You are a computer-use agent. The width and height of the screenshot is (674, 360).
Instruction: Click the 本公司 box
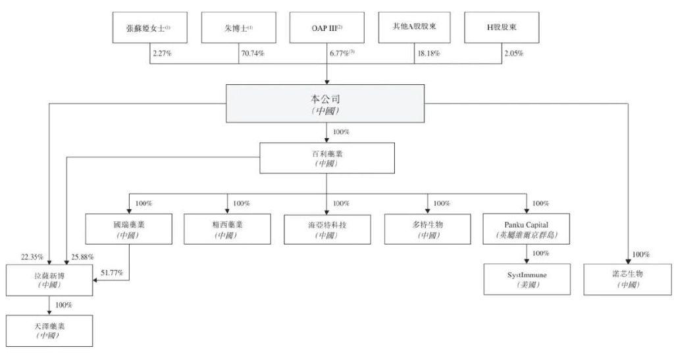pyautogui.click(x=325, y=103)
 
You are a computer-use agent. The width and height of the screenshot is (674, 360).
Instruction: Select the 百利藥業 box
pyautogui.click(x=327, y=158)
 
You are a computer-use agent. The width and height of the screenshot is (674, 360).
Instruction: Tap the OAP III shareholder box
pyautogui.click(x=326, y=28)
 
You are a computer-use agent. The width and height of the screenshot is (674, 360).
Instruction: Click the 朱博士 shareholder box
pyautogui.click(x=238, y=28)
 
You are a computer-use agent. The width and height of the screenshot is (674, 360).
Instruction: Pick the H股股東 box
pyautogui.click(x=502, y=28)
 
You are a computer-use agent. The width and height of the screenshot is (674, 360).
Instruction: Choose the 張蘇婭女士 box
pyautogui.click(x=150, y=28)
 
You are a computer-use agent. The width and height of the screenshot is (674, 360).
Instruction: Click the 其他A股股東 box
pyautogui.click(x=415, y=28)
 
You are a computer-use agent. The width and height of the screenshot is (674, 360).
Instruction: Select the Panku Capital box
pyautogui.click(x=527, y=229)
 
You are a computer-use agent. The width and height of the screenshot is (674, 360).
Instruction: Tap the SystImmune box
pyautogui.click(x=527, y=279)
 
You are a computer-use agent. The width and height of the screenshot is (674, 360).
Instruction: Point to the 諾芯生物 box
pyautogui.click(x=627, y=279)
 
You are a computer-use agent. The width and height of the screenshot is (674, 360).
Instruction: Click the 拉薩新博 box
pyautogui.click(x=49, y=280)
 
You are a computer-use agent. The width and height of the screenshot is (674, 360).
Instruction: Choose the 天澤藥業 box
pyautogui.click(x=49, y=331)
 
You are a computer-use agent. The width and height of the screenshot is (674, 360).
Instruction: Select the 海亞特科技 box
pyautogui.click(x=327, y=230)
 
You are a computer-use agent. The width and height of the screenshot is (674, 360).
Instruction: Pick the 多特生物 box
pyautogui.click(x=428, y=230)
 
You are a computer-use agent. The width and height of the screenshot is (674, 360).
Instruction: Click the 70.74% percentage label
pyautogui.click(x=253, y=54)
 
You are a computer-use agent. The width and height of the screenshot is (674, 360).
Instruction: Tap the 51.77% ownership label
pyautogui.click(x=112, y=272)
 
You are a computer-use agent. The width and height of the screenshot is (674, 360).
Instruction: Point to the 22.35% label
pyautogui.click(x=32, y=257)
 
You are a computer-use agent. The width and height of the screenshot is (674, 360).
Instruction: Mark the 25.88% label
pyautogui.click(x=82, y=257)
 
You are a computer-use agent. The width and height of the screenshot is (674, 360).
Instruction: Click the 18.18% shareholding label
pyautogui.click(x=429, y=54)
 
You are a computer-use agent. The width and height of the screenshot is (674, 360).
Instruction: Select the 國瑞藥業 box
pyautogui.click(x=129, y=229)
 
